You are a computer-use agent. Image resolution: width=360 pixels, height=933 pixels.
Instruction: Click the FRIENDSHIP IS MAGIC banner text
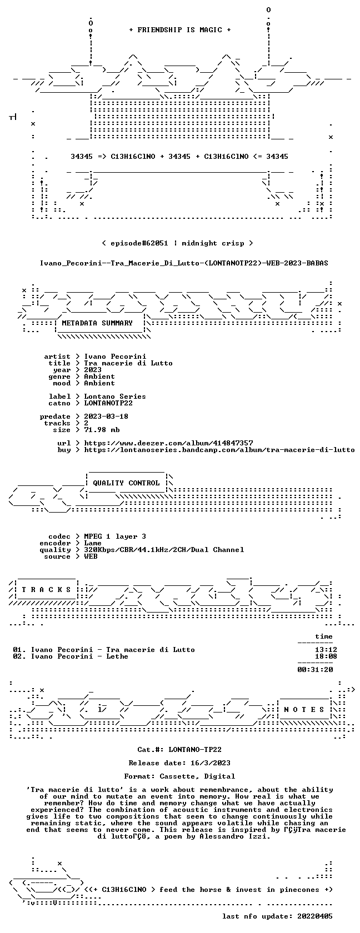pos(180,30)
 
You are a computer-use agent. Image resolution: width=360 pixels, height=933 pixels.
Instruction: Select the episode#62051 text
pos(139,243)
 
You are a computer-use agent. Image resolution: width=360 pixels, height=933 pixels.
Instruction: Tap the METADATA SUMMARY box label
pos(97,323)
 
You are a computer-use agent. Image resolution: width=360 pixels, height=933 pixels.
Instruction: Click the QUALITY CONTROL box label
pos(126,483)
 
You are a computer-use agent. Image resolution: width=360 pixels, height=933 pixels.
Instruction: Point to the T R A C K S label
pos(46,590)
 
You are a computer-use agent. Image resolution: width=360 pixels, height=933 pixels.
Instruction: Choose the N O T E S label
pos(304,710)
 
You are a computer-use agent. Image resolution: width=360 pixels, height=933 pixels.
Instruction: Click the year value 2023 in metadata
pos(93,370)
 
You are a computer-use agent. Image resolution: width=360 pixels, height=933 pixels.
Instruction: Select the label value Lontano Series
pos(115,397)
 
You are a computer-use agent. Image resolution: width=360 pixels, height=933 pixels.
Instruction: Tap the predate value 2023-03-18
pos(106,417)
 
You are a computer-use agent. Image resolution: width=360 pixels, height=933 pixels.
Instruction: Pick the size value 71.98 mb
pos(102,430)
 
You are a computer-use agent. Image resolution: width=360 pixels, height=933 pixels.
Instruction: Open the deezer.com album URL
pos(168,443)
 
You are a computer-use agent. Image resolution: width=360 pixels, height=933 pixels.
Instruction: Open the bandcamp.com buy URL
pos(219,450)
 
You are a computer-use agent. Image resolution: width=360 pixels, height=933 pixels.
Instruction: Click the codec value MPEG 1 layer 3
pos(115,536)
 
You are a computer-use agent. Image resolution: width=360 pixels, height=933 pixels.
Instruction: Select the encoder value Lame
pos(93,543)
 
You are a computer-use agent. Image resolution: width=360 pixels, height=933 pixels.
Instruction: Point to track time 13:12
pos(326,650)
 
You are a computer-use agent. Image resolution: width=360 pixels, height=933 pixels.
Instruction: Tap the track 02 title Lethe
pos(117,656)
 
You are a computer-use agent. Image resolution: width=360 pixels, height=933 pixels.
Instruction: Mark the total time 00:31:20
pos(315,670)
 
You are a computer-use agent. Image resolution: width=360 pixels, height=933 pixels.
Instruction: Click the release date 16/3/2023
pos(211,763)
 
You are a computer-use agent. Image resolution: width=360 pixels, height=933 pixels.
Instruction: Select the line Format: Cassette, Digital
pos(179,776)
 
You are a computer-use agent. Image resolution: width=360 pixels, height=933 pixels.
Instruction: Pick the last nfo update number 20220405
pos(315,916)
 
